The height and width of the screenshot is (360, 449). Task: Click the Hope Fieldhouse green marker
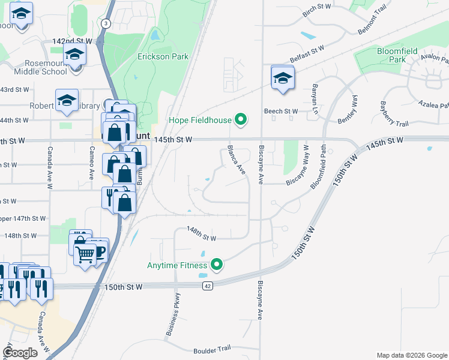point(241,120)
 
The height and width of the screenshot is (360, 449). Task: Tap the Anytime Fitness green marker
point(217,264)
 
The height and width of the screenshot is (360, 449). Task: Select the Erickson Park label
point(163,57)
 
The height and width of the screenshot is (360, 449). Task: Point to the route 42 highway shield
point(207,286)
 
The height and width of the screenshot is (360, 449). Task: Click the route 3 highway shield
point(106,23)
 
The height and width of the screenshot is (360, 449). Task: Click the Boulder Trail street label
point(212,349)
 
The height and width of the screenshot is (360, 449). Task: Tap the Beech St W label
point(281,112)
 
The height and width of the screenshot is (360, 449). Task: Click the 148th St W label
point(201,231)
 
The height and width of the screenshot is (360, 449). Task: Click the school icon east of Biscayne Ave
point(282,77)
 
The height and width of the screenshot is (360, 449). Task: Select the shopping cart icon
point(85,253)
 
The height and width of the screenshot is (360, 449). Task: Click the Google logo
point(20,353)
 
